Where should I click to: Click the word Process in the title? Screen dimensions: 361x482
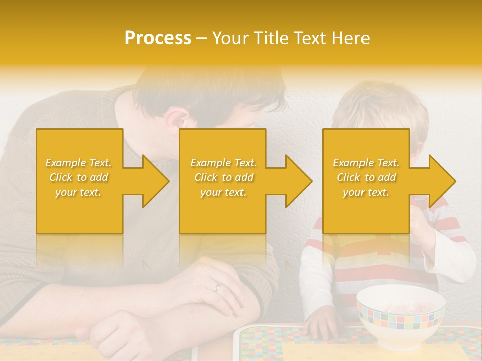pos(158,38)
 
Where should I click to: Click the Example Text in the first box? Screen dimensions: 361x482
pos(79,163)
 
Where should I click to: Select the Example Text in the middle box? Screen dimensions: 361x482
pos(223,163)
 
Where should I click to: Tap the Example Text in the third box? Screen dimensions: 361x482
pos(366,163)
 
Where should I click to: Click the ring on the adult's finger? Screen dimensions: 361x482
pos(217,287)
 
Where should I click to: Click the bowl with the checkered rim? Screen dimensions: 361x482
pos(400,313)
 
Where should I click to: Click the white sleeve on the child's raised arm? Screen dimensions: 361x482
pos(454,258)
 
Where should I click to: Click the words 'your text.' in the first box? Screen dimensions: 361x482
pos(79,192)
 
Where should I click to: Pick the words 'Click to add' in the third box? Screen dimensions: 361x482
pos(366,177)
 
